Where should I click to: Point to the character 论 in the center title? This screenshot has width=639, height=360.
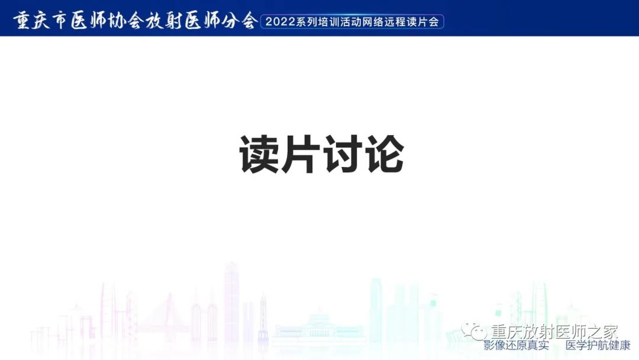point(383,155)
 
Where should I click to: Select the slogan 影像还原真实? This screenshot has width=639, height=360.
point(516,345)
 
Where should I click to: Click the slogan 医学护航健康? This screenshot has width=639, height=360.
point(598,345)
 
